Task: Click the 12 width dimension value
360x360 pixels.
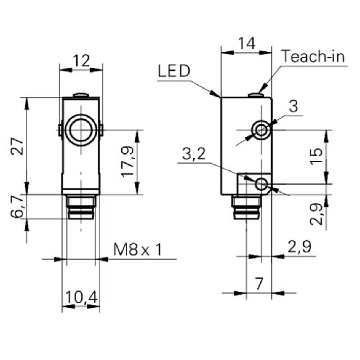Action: point(81,61)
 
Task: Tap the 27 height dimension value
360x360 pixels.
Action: point(18,146)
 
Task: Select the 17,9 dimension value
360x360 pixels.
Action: point(128,162)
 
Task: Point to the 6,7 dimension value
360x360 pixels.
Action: point(17,207)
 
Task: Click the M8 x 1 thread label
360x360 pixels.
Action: point(138,250)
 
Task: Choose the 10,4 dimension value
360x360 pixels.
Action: point(81,297)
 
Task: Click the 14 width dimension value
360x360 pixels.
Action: point(247,43)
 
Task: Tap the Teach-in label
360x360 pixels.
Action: point(314,56)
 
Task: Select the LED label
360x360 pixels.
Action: point(174,71)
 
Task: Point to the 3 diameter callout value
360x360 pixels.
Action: point(294,106)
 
